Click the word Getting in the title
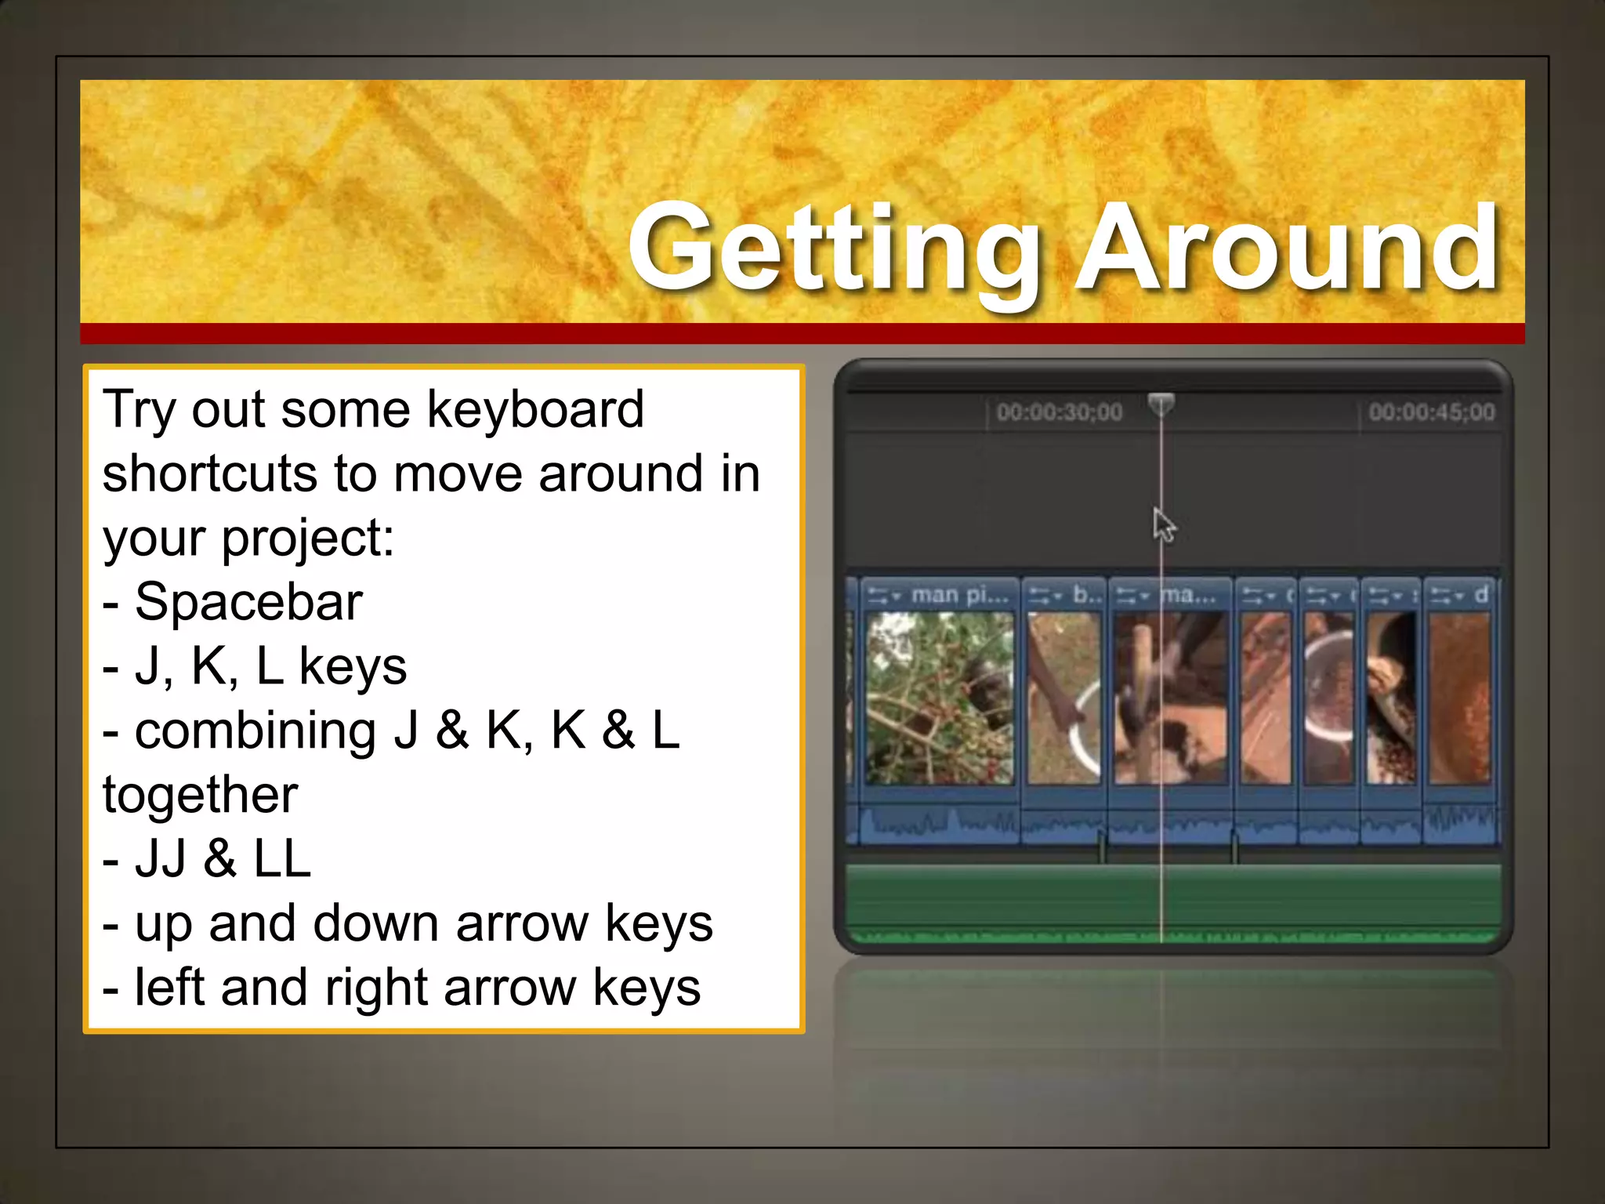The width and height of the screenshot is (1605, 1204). tap(835, 249)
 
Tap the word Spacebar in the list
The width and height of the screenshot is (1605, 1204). tap(248, 603)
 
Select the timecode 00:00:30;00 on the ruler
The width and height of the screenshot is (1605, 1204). tap(1059, 412)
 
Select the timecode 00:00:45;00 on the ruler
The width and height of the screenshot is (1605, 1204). tap(1431, 412)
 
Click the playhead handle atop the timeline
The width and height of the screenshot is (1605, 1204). tap(1161, 404)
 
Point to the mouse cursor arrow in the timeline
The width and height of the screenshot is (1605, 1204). tap(1163, 524)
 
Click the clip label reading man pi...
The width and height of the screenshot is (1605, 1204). tap(959, 595)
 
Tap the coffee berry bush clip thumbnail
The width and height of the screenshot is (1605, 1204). tap(939, 698)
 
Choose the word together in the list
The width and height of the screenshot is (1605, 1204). tap(200, 795)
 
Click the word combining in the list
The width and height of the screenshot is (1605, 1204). tap(255, 731)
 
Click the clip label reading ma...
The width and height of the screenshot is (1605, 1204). tap(1188, 595)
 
